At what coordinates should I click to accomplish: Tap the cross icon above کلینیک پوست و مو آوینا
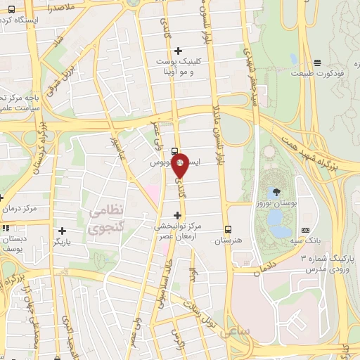coord(178,50)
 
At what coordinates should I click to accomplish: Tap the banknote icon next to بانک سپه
coord(304,230)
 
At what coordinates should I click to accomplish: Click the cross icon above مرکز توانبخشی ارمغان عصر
coord(177,214)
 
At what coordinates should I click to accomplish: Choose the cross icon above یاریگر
coord(63,231)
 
